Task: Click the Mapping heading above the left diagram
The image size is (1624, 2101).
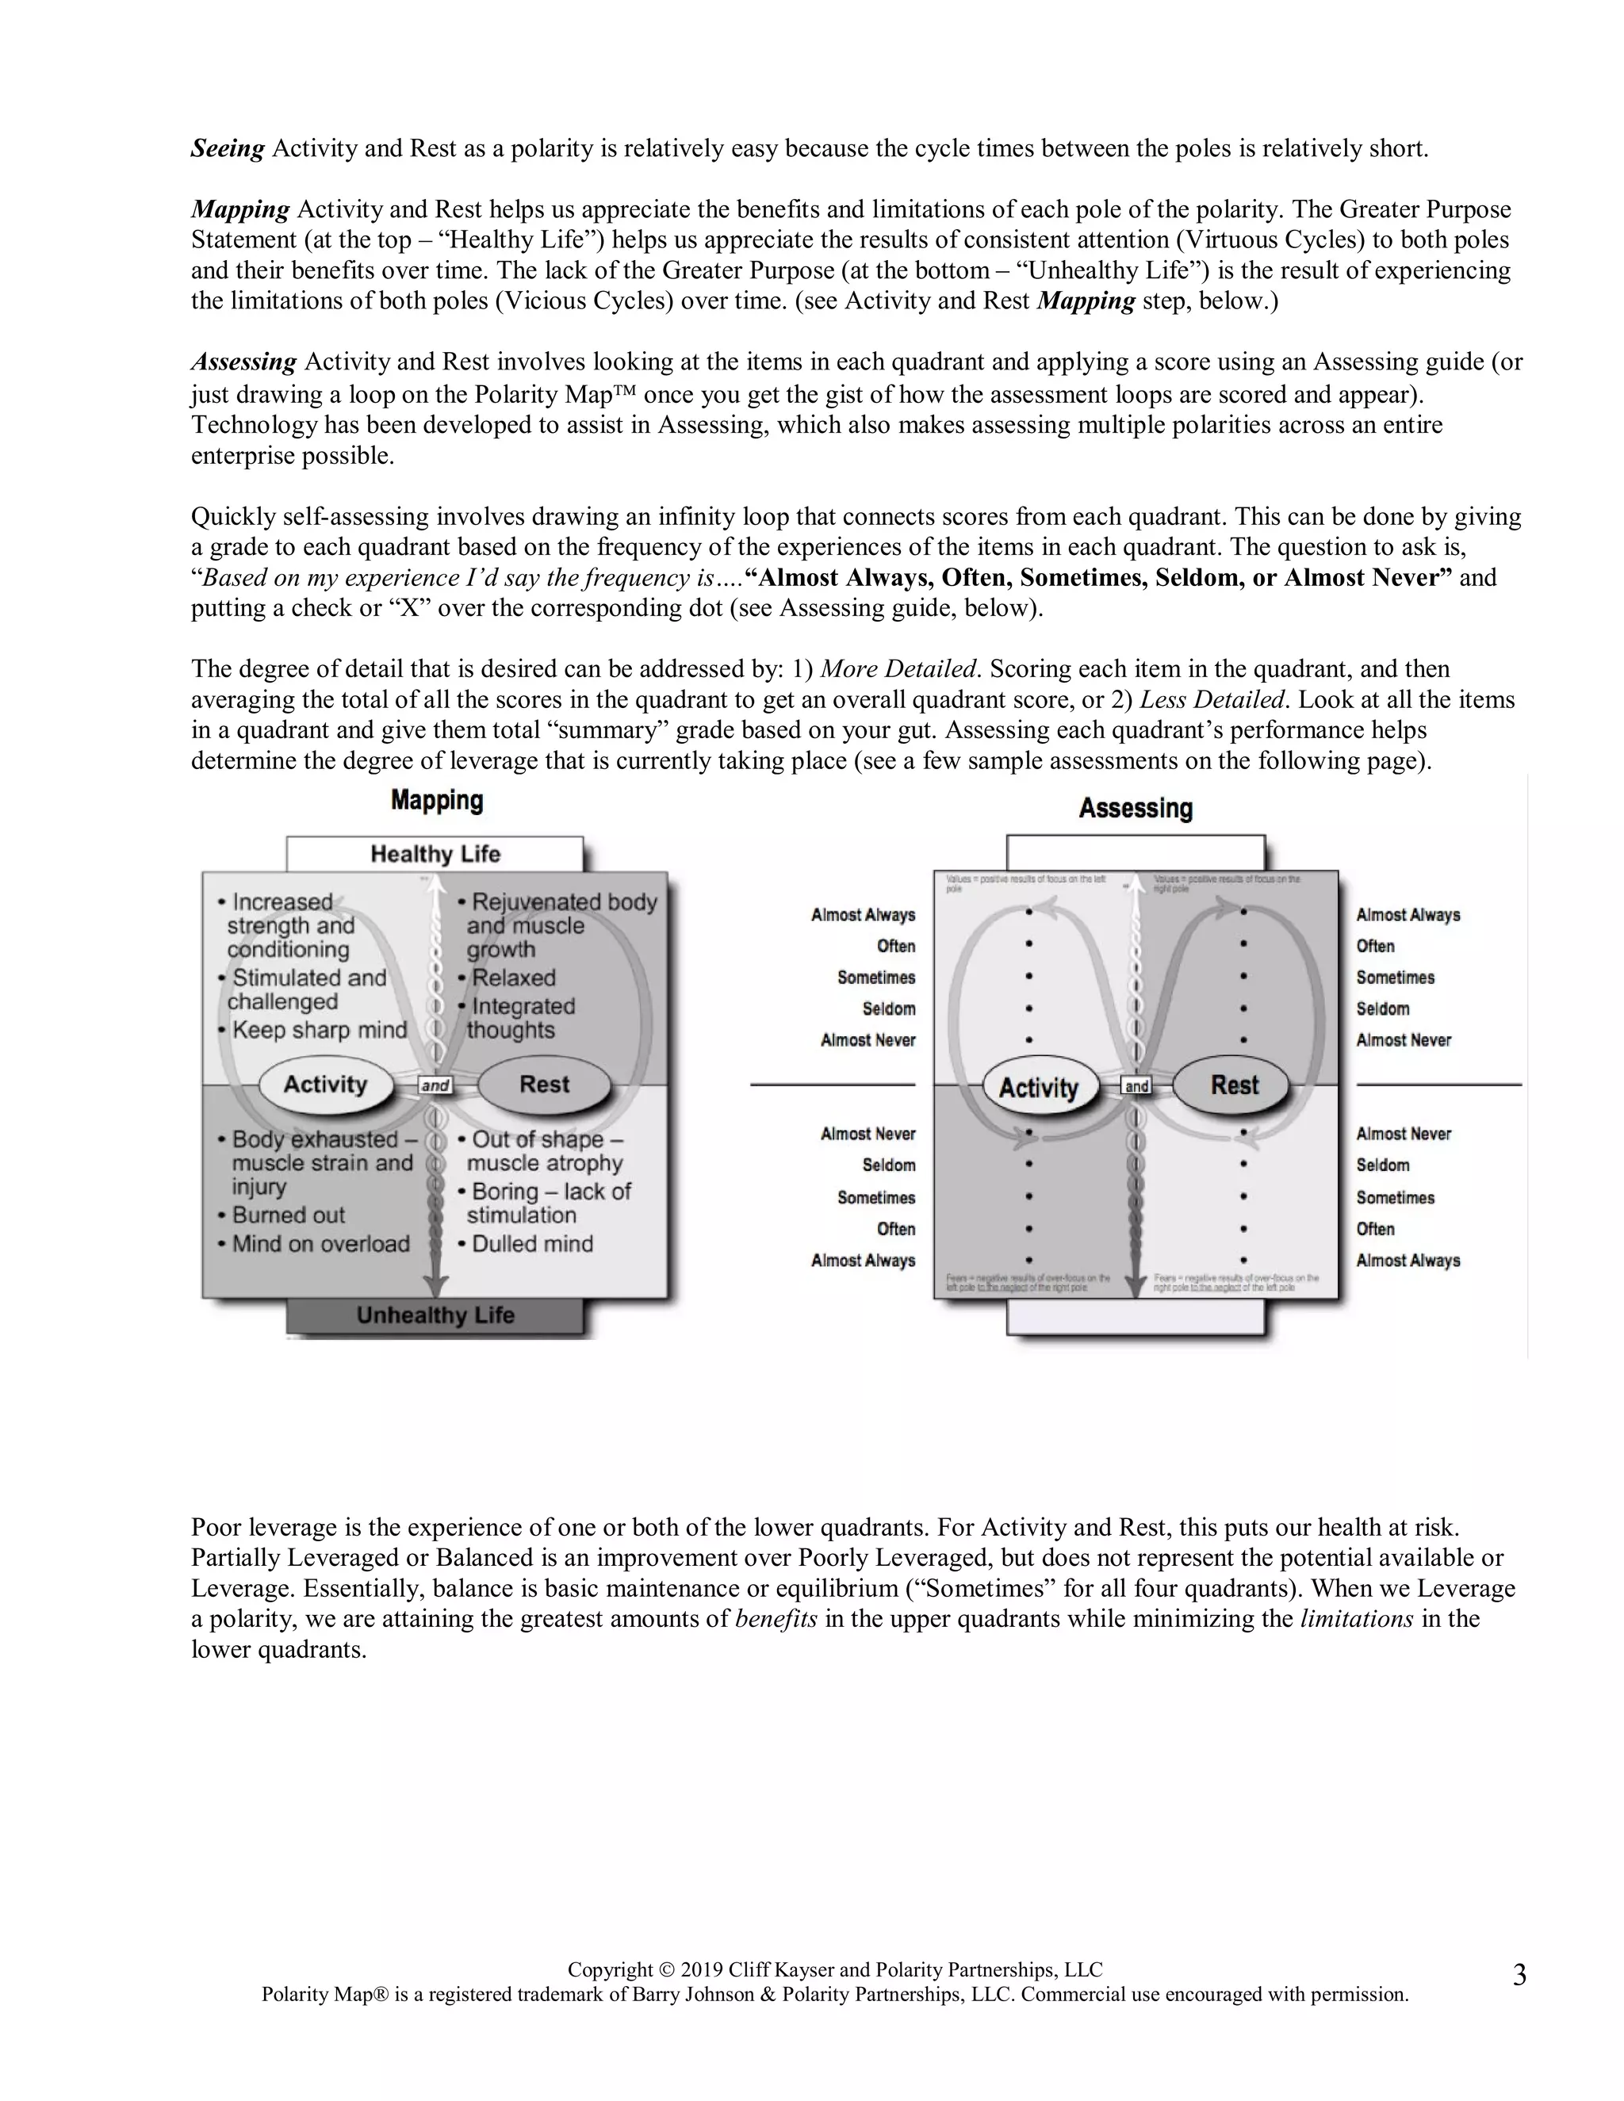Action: point(437,801)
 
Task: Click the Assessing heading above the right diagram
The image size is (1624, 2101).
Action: point(1136,808)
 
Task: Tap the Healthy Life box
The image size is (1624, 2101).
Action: point(435,854)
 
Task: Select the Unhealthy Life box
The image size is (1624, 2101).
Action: point(435,1315)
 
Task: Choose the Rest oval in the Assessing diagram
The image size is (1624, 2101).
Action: point(1235,1086)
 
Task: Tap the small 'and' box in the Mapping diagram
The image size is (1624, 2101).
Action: point(436,1086)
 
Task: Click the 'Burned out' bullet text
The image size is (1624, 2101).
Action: point(288,1215)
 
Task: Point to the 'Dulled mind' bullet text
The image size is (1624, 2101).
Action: point(532,1244)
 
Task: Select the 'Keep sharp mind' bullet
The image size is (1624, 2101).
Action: point(320,1031)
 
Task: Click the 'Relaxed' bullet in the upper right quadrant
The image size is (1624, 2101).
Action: point(514,978)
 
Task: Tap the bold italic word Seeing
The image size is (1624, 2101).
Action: point(227,149)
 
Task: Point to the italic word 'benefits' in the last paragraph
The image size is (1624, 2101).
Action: point(776,1619)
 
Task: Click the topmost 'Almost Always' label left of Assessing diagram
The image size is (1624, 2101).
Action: point(863,915)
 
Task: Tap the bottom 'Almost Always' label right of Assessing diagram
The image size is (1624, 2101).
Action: point(1408,1261)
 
